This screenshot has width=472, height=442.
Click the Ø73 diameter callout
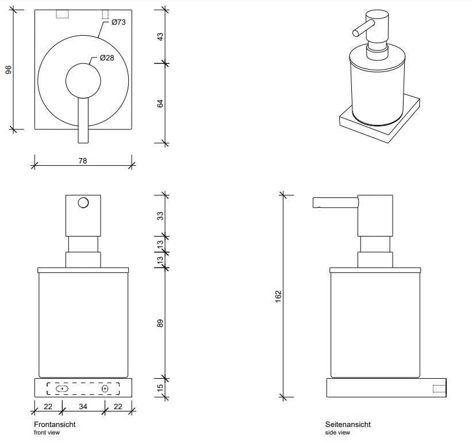[118, 22]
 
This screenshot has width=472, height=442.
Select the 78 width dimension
[82, 161]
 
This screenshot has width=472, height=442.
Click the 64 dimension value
[161, 104]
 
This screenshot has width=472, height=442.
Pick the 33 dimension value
[161, 216]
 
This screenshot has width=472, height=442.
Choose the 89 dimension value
[161, 324]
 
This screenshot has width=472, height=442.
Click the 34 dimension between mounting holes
[83, 407]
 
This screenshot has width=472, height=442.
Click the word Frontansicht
[55, 425]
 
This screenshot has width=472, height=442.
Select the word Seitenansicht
[348, 425]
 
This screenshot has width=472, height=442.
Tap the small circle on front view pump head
[83, 203]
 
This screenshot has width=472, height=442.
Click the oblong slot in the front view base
[62, 389]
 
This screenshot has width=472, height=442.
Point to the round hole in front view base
[105, 389]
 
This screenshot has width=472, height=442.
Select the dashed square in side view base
[440, 388]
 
